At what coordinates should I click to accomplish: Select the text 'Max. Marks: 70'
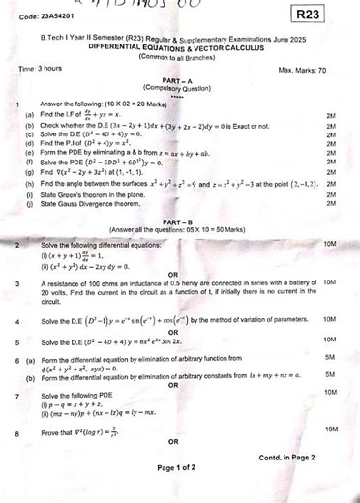tap(302, 71)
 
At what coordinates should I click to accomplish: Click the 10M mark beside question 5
tap(329, 340)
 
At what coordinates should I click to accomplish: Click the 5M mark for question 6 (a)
tap(330, 358)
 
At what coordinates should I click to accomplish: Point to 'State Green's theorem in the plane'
tap(98, 195)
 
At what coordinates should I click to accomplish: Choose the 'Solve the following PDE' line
tap(77, 394)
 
